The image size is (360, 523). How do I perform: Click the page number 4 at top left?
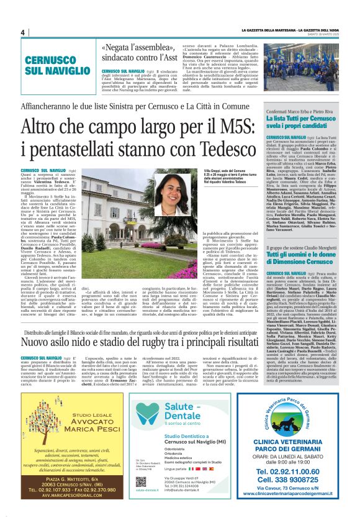22,32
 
